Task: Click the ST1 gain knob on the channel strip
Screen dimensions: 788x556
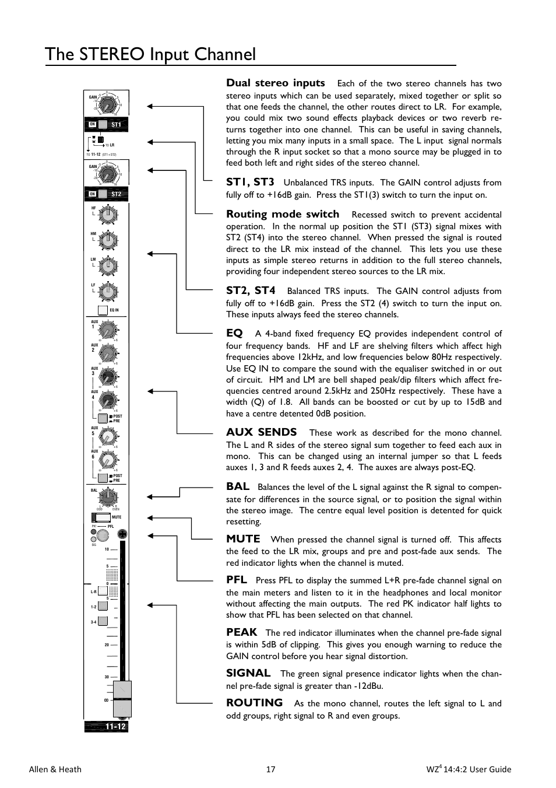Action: point(107,105)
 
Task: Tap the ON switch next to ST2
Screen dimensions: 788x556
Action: point(93,194)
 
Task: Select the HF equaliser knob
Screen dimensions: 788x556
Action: point(108,215)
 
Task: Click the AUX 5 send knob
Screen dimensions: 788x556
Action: point(107,436)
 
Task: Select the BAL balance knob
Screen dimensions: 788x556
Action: point(107,498)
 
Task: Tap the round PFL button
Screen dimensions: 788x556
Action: point(103,535)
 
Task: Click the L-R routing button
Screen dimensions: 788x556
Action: point(103,592)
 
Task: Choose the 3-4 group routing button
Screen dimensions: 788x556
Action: point(103,622)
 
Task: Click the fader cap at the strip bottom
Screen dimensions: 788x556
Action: point(122,698)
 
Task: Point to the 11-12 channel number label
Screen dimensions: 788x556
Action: point(115,727)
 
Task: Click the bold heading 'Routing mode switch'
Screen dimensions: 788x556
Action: point(283,214)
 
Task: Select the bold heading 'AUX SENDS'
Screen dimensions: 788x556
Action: point(261,432)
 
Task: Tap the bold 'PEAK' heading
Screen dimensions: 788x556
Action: point(241,632)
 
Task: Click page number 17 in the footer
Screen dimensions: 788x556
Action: point(271,769)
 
